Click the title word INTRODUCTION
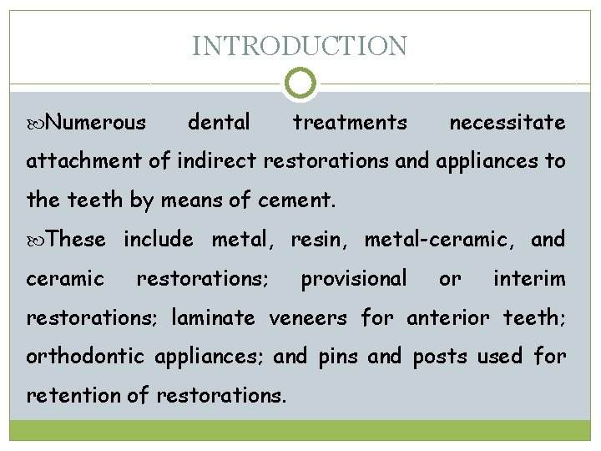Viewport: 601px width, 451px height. pos(300,46)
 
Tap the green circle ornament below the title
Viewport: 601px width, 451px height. pos(300,84)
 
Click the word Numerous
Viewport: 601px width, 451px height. pos(96,123)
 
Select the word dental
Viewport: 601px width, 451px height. pos(219,123)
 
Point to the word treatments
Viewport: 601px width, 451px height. pos(350,123)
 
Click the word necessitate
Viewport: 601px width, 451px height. pos(507,123)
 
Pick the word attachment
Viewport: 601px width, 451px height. pos(76,161)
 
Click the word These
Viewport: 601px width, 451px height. pos(78,240)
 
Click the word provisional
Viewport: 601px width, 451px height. pos(354,278)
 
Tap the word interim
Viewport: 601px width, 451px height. pos(529,278)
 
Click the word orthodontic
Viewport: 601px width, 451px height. pos(85,357)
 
